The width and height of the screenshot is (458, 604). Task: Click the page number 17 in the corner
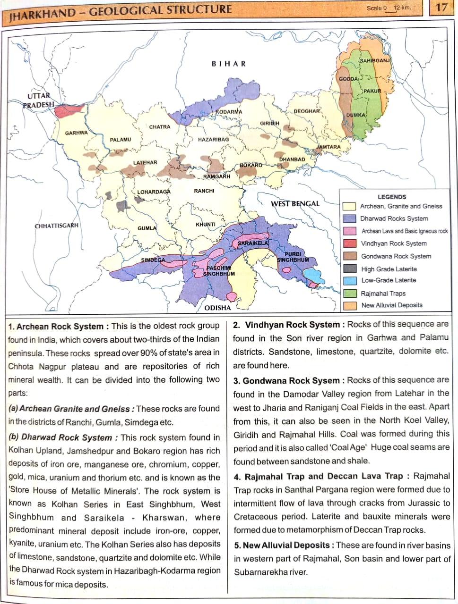click(441, 8)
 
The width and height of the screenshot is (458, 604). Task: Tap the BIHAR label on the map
click(229, 64)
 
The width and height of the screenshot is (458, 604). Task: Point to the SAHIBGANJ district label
click(374, 61)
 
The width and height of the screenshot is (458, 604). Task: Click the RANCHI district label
click(204, 191)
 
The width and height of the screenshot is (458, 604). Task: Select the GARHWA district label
click(77, 133)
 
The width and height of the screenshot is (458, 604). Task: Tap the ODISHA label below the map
click(217, 308)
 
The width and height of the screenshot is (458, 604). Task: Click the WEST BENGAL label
click(295, 204)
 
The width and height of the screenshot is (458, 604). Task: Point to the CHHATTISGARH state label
click(57, 226)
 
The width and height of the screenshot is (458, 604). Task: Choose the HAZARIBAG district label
click(214, 140)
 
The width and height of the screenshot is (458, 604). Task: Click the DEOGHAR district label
click(307, 111)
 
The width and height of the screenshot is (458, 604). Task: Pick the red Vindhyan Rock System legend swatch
click(349, 244)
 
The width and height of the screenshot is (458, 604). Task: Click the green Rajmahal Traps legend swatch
click(349, 293)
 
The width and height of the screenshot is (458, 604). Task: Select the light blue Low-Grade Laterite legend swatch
click(349, 281)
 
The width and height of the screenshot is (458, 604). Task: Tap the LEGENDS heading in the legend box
click(392, 197)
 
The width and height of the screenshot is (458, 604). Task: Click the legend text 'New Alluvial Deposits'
click(392, 305)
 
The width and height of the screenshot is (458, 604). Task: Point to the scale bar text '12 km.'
click(402, 8)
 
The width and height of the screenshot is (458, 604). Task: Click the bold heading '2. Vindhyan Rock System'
click(286, 325)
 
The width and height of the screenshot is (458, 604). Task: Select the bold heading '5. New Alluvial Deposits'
click(282, 545)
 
